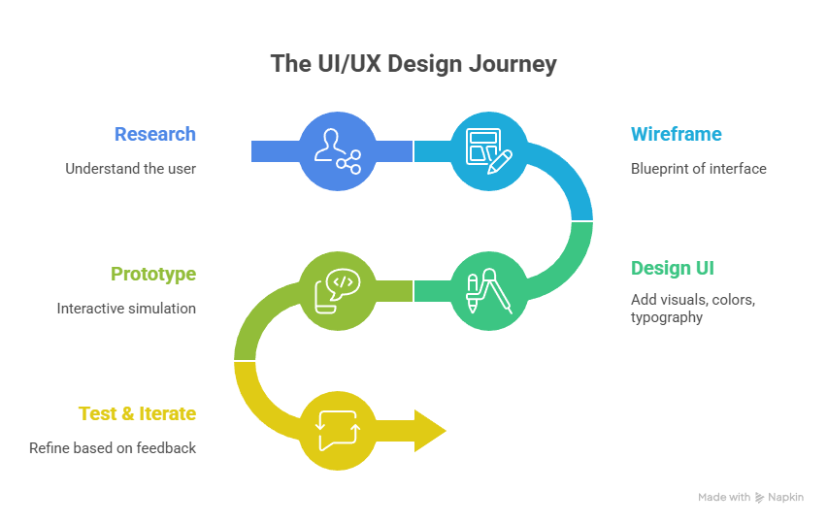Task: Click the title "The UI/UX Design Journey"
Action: click(x=413, y=65)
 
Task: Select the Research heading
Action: click(x=154, y=135)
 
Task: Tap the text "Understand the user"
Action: click(x=130, y=169)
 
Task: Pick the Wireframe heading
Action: click(x=676, y=135)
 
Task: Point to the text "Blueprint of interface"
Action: click(x=698, y=169)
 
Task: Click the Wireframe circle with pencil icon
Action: click(x=488, y=150)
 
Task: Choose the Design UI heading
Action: click(x=672, y=269)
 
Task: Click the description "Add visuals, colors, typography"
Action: click(x=692, y=308)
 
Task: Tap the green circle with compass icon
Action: click(x=488, y=290)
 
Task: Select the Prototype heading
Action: click(x=153, y=275)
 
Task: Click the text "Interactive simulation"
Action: click(x=126, y=309)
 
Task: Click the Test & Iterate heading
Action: click(x=137, y=414)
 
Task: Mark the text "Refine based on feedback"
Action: click(x=113, y=448)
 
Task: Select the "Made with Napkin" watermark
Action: click(x=750, y=497)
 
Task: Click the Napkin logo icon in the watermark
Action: click(x=759, y=497)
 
